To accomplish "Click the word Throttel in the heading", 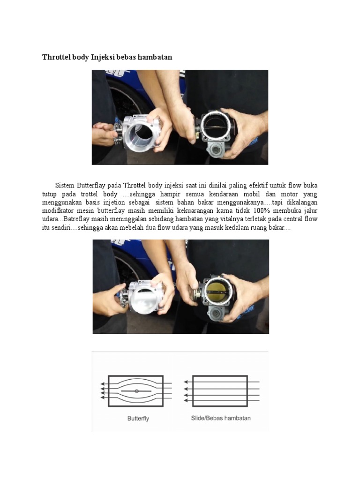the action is (x=56, y=57).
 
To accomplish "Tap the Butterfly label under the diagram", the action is (x=138, y=419).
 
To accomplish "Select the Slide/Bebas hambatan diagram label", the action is (x=221, y=418).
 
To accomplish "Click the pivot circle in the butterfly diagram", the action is (x=136, y=391).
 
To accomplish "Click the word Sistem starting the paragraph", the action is (x=65, y=185).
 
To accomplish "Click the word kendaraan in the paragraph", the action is (x=224, y=194).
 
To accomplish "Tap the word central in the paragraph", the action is (x=293, y=219).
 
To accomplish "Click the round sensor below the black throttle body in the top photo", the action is (x=216, y=150).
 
